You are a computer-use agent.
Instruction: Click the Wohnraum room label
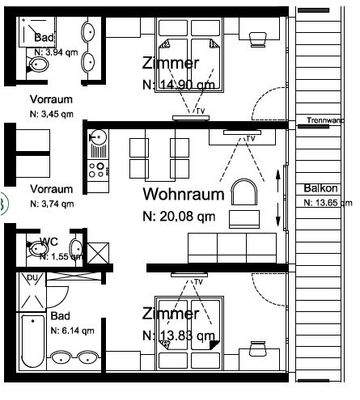pos(181,193)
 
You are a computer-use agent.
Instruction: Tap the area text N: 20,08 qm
pos(180,213)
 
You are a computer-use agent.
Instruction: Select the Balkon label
pos(320,189)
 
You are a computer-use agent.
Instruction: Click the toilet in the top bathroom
pos(36,66)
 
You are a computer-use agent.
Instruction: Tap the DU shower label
pos(31,277)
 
